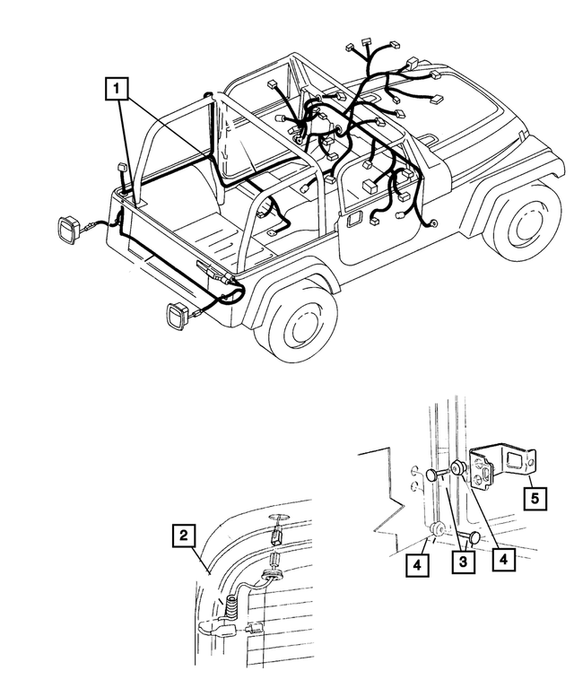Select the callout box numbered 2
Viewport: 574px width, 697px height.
pos(183,536)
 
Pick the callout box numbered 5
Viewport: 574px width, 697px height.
pos(532,497)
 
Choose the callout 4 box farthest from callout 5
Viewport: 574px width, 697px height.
pos(415,566)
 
